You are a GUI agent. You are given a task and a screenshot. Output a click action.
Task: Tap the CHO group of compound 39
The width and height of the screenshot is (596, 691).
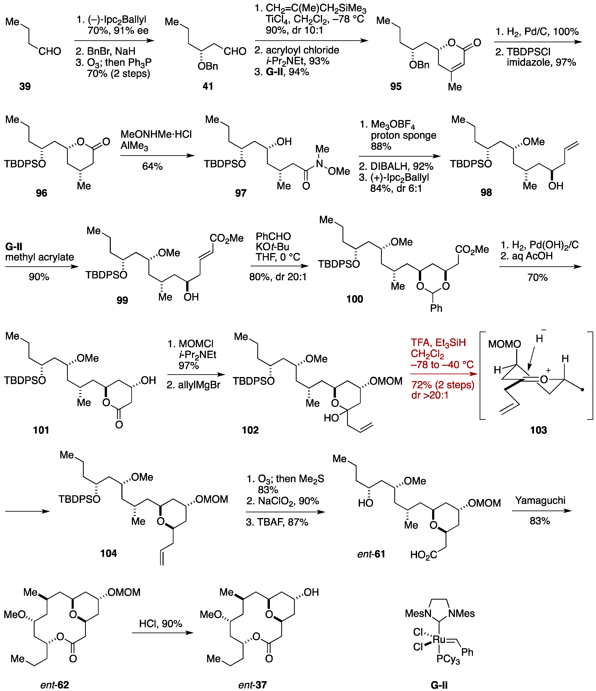coord(50,51)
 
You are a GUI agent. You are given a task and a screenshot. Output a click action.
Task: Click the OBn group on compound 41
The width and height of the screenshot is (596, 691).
coord(208,66)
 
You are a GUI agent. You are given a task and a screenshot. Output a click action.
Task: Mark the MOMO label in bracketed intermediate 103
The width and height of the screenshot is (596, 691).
coord(504,344)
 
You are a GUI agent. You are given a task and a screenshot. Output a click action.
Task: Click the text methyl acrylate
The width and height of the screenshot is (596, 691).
coord(39,257)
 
